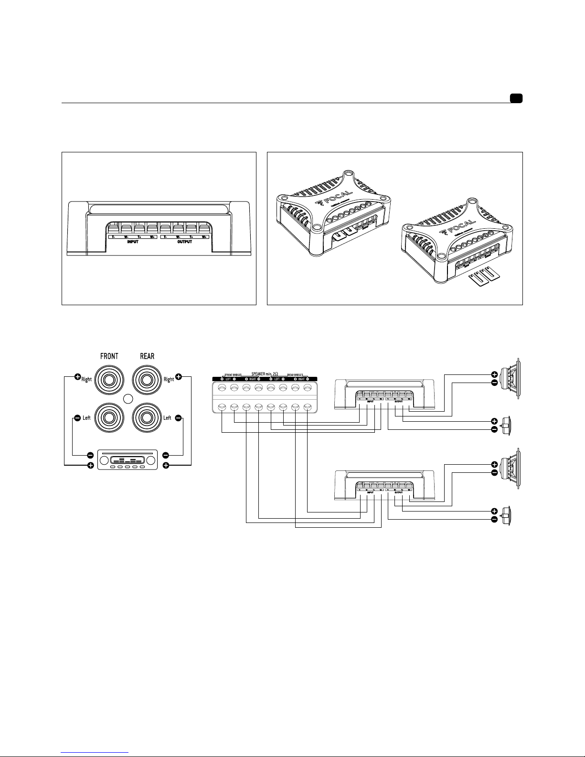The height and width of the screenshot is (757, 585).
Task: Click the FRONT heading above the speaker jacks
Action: click(x=109, y=356)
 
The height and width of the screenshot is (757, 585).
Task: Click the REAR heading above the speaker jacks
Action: click(x=147, y=356)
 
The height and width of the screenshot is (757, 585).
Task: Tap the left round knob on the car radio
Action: click(x=104, y=460)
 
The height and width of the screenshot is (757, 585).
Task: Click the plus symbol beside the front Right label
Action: click(x=78, y=377)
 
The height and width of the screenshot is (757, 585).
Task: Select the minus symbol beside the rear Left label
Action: click(x=178, y=418)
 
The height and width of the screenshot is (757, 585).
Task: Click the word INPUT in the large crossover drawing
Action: click(x=132, y=242)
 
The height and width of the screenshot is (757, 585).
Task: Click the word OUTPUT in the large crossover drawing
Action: click(x=184, y=242)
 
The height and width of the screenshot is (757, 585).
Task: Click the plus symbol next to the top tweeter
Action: click(x=494, y=422)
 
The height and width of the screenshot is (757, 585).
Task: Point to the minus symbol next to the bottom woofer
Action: click(x=494, y=472)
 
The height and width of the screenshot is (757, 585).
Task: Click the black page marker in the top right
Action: click(x=516, y=99)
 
